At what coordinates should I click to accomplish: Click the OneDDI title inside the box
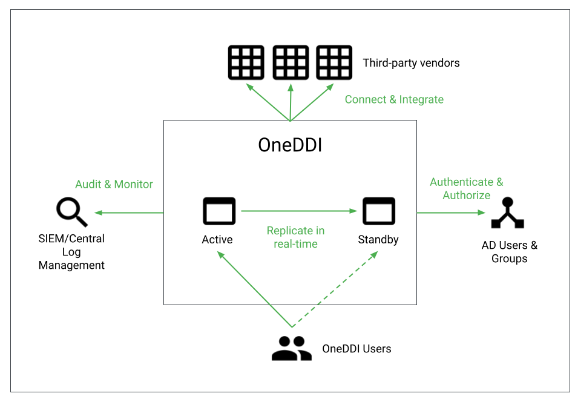click(x=290, y=145)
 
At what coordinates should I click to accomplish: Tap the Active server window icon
click(x=218, y=211)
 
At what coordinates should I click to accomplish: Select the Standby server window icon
click(x=378, y=211)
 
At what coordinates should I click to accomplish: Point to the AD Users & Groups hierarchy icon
click(x=507, y=213)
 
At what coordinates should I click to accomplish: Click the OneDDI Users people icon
click(x=291, y=348)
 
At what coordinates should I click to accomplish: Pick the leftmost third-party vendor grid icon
click(x=246, y=62)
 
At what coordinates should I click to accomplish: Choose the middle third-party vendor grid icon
click(x=291, y=62)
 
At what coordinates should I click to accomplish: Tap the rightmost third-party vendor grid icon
click(x=334, y=62)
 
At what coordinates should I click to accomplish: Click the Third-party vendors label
click(x=411, y=63)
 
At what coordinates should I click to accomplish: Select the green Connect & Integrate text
click(x=394, y=99)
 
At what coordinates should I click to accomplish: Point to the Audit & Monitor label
click(x=114, y=184)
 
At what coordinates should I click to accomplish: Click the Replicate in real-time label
click(x=295, y=237)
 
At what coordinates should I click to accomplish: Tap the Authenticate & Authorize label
click(x=466, y=188)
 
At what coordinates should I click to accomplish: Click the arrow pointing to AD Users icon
click(x=451, y=213)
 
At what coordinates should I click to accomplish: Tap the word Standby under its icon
click(x=378, y=240)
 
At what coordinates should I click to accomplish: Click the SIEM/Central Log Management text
click(x=71, y=252)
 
